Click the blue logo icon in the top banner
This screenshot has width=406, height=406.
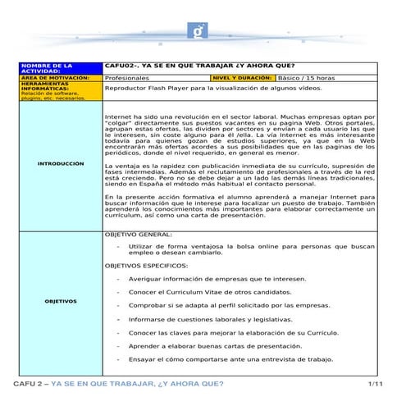199,31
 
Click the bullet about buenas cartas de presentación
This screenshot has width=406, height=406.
215,346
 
